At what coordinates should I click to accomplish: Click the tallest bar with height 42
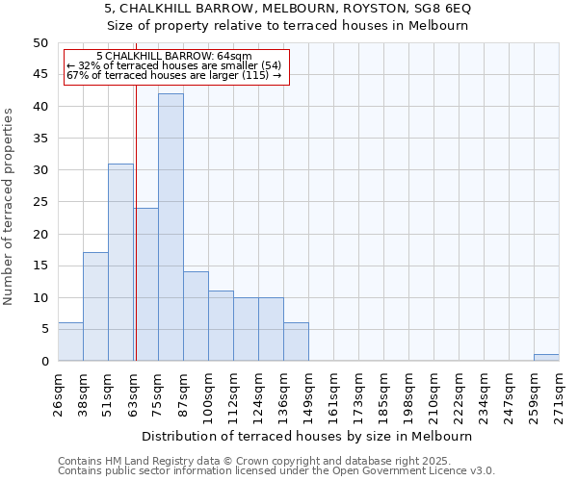(x=171, y=227)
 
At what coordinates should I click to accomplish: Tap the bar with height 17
(x=95, y=306)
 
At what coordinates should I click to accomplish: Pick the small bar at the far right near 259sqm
(x=546, y=357)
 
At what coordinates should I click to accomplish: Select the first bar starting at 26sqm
(x=70, y=342)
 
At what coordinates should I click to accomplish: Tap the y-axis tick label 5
(x=43, y=329)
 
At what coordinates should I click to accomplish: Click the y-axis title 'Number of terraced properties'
(x=9, y=206)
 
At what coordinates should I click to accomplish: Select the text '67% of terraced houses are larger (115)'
(x=174, y=75)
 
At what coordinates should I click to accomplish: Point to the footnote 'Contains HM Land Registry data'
(x=253, y=461)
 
